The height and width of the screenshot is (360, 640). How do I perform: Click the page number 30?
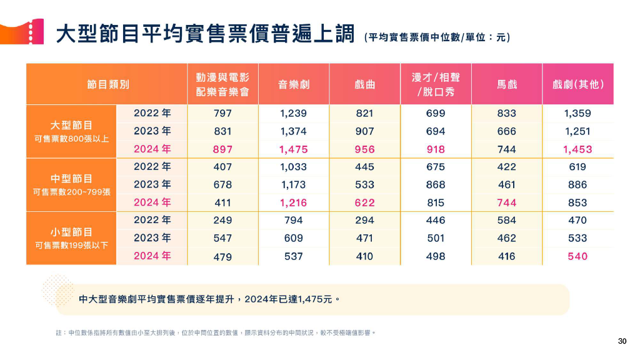pos(621,341)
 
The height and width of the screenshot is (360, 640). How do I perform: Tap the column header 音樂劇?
pos(294,84)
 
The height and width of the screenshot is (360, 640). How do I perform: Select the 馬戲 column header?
pos(507,84)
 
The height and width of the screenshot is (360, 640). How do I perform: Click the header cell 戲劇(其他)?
pos(578,84)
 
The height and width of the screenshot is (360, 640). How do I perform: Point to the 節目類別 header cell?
pos(107,84)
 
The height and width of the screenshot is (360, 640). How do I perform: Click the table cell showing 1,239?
pos(293,114)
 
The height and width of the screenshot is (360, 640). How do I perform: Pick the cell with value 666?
pos(507,131)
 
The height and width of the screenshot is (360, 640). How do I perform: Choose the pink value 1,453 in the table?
pos(577,149)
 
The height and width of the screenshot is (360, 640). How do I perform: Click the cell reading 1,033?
pos(293,167)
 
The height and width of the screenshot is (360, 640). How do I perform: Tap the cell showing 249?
pos(222,220)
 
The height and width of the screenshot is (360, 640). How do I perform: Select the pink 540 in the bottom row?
pos(577,256)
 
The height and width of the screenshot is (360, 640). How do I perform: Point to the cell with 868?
pos(436,185)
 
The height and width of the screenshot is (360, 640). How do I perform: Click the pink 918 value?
pos(436,149)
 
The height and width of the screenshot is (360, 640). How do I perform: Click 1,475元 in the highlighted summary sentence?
pos(316,299)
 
